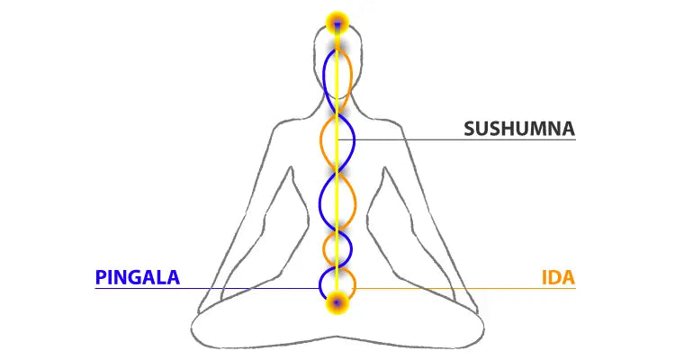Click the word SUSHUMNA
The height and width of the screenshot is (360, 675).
pyautogui.click(x=519, y=129)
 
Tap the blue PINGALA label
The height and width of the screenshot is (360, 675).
pyautogui.click(x=138, y=277)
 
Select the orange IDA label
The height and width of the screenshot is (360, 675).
pyautogui.click(x=558, y=277)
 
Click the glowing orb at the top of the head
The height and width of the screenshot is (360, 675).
pyautogui.click(x=337, y=22)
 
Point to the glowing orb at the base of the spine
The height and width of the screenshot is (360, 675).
pyautogui.click(x=337, y=302)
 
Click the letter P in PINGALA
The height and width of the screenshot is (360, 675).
pyautogui.click(x=101, y=277)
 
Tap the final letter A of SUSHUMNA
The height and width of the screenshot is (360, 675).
pyautogui.click(x=567, y=129)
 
